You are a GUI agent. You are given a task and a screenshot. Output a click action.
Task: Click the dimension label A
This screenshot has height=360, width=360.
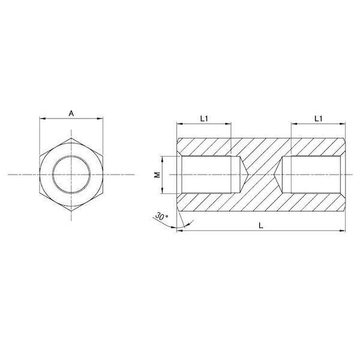point(71,113)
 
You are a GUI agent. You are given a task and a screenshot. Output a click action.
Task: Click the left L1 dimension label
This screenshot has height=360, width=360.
point(204,119)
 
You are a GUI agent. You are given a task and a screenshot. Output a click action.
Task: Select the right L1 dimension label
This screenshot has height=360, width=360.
point(319,119)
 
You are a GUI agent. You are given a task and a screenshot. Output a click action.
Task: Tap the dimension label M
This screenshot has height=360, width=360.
point(157,175)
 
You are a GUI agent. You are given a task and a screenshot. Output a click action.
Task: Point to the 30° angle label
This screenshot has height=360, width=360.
point(161,216)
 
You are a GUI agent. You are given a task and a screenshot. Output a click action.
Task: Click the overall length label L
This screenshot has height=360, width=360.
point(261,226)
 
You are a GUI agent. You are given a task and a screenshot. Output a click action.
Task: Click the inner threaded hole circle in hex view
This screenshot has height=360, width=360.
point(71,175)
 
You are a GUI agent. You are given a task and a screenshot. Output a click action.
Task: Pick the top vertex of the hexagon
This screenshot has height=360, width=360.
point(71,138)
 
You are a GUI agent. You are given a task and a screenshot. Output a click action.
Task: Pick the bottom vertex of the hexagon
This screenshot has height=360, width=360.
point(71,211)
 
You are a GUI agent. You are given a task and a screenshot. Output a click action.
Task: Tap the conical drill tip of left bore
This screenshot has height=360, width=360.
point(248,175)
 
